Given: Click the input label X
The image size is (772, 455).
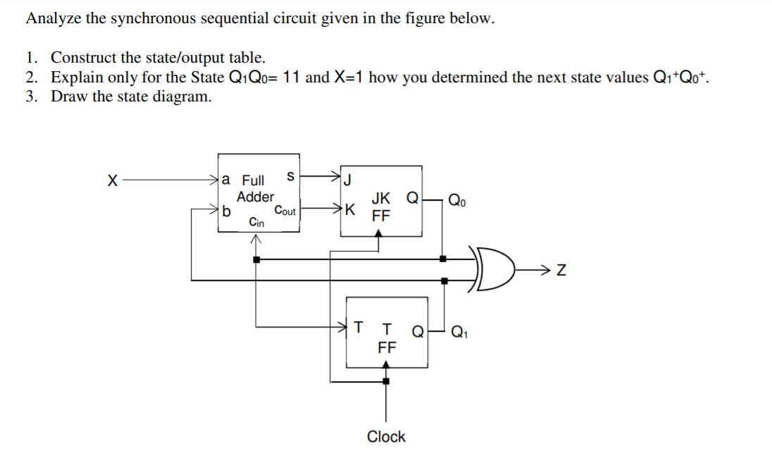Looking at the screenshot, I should pyautogui.click(x=111, y=181).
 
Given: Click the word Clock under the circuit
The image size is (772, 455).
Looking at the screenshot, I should pyautogui.click(x=386, y=437).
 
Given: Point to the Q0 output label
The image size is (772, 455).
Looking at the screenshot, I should pyautogui.click(x=458, y=202).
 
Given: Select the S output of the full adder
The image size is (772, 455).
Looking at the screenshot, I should pyautogui.click(x=290, y=174).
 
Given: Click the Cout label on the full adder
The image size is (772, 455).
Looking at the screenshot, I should pyautogui.click(x=285, y=210).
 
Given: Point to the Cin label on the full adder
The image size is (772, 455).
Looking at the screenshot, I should pyautogui.click(x=256, y=223).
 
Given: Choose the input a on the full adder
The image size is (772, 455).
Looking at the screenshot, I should pyautogui.click(x=226, y=180).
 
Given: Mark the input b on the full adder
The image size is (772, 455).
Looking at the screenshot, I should pyautogui.click(x=226, y=210).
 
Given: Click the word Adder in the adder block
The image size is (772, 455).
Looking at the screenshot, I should pyautogui.click(x=255, y=197).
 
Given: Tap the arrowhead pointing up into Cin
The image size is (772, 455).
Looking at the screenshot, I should pyautogui.click(x=256, y=240).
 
